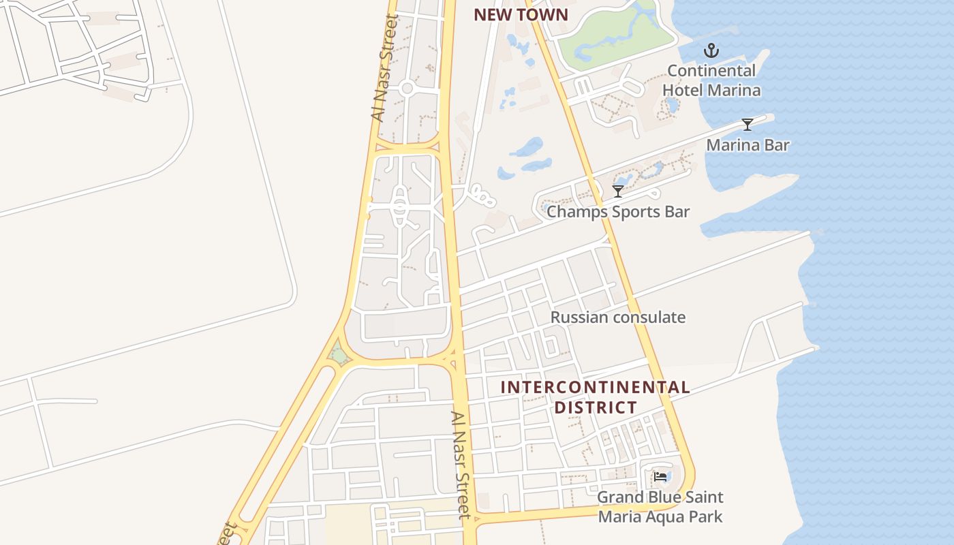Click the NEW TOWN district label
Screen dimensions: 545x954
[521, 15]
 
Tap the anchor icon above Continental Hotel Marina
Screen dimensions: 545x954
[711, 50]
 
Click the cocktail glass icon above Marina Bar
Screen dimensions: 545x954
[748, 124]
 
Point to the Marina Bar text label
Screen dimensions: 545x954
[748, 145]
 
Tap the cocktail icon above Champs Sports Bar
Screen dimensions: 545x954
[618, 191]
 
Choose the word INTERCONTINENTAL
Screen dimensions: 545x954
[595, 388]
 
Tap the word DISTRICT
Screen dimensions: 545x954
[595, 407]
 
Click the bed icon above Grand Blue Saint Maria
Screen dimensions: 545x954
[660, 477]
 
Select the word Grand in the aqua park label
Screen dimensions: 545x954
[619, 497]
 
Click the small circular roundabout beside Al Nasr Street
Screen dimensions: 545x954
[407, 88]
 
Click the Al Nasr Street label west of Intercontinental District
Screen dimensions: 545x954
[461, 465]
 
